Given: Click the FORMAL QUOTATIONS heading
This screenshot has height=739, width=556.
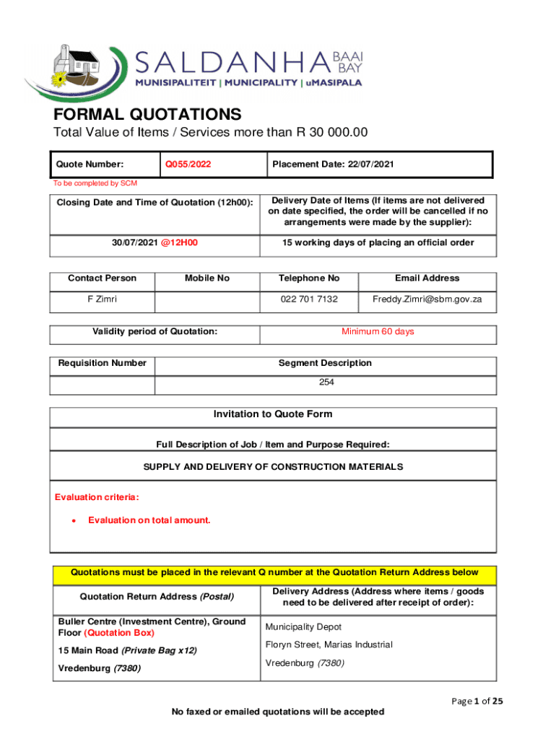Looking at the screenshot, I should pos(147,114).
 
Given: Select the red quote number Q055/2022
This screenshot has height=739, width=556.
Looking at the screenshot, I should pos(188,165).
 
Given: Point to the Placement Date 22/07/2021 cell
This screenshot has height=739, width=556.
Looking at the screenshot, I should pos(333,165).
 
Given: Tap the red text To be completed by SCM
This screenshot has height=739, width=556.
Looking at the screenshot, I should pos(95,183).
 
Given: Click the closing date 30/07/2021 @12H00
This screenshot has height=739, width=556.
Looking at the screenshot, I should pos(155,242).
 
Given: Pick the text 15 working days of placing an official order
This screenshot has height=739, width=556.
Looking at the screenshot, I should pos(377,242).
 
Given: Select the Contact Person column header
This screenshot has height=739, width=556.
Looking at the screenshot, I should pos(102,278).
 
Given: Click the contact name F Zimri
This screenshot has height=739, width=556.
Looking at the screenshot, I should pos(102,299).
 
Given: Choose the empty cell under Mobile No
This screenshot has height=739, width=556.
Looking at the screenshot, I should pos(207,300).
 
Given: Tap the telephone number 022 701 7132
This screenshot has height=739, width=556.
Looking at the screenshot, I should pos(308,299).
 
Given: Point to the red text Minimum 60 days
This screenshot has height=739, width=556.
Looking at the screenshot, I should pos(378,332).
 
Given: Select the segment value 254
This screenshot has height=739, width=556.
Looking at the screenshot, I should pos(326,382).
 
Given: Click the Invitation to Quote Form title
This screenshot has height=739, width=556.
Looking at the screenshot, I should pos(273,414).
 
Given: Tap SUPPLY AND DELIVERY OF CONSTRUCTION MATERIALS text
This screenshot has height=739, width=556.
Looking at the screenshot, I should pos(273,467).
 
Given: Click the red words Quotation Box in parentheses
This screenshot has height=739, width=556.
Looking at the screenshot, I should pos(119,633).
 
